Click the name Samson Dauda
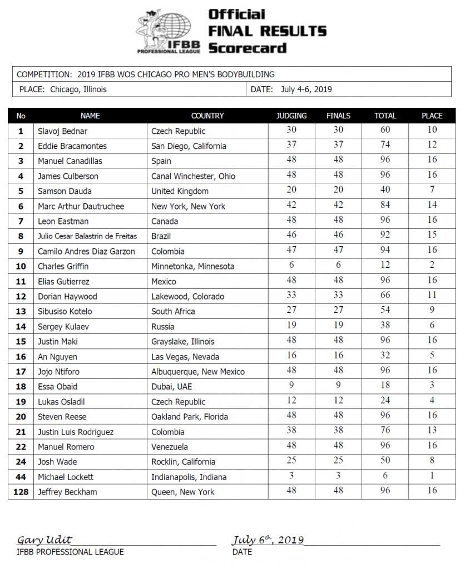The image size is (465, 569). pyautogui.click(x=61, y=191)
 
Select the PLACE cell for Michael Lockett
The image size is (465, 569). pyautogui.click(x=432, y=476)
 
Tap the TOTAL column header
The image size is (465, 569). pyautogui.click(x=385, y=116)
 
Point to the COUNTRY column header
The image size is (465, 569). pyautogui.click(x=207, y=116)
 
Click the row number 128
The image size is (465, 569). pyautogui.click(x=21, y=492)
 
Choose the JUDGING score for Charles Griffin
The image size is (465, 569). pyautogui.click(x=291, y=266)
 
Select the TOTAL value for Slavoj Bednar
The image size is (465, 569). pyautogui.click(x=385, y=130)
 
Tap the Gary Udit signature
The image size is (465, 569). pyautogui.click(x=44, y=540)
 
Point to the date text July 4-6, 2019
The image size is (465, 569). pyautogui.click(x=306, y=89)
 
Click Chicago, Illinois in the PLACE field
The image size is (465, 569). pyautogui.click(x=78, y=89)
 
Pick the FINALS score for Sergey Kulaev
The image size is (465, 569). pyautogui.click(x=338, y=326)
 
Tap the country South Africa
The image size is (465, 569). pyautogui.click(x=174, y=311)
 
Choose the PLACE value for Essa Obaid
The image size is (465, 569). pyautogui.click(x=432, y=386)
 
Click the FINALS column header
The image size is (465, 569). pyautogui.click(x=338, y=116)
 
